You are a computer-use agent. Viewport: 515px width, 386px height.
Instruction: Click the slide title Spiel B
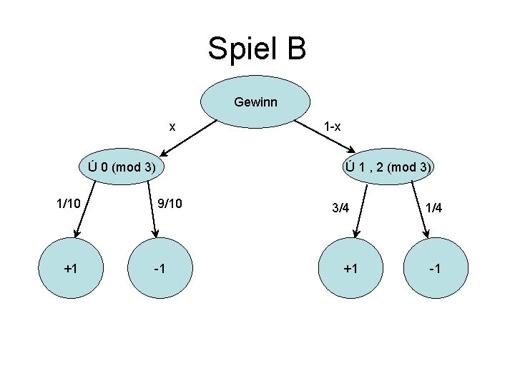pos(257,49)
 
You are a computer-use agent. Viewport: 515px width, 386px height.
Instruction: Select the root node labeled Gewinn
pos(255,102)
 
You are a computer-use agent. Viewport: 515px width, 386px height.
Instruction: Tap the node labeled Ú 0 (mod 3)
pos(121,168)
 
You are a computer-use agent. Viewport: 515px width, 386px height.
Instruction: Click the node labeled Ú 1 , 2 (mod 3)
pos(388,168)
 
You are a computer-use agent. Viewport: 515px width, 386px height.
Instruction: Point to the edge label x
pos(172,127)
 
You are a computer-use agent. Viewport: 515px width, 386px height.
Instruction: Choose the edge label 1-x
pos(332,127)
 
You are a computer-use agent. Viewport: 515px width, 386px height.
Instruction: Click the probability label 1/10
pos(69,204)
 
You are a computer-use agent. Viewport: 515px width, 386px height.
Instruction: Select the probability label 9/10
pos(170,204)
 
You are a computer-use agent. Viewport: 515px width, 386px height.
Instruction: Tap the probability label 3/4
pos(340,209)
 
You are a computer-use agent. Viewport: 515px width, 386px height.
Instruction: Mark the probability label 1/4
pos(433,208)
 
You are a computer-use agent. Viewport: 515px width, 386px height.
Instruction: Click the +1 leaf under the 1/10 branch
pos(70,269)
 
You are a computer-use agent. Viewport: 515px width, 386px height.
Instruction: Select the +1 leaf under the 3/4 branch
pos(350,269)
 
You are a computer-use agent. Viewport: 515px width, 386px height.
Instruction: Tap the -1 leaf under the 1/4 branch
pos(436,269)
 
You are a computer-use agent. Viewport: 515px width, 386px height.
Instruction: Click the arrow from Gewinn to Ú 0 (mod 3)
pos(187,137)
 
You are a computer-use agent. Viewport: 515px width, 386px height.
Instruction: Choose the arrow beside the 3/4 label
pos(360,211)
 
